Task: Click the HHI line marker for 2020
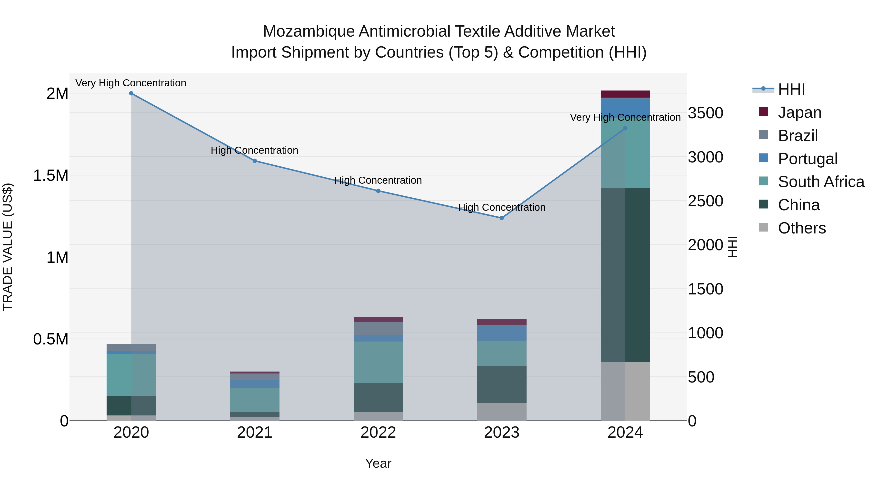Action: (x=131, y=93)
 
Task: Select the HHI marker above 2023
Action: (x=501, y=218)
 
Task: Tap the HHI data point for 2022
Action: (x=378, y=191)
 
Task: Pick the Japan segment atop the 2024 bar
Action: (x=625, y=94)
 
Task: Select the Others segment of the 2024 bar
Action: (x=625, y=391)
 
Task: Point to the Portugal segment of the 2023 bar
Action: (x=501, y=333)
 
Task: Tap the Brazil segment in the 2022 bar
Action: (x=378, y=328)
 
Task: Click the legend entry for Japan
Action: (x=799, y=112)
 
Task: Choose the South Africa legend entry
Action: (x=821, y=182)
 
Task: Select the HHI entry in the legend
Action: (x=791, y=89)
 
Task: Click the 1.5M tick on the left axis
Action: (x=51, y=176)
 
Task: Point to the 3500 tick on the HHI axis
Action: (x=705, y=113)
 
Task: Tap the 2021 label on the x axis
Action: (x=255, y=433)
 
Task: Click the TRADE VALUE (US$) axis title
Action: (x=8, y=247)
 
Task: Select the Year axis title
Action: (x=378, y=463)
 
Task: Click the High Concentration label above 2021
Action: (x=254, y=150)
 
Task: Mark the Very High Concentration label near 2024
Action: (x=625, y=117)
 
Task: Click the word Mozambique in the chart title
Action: (x=309, y=31)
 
